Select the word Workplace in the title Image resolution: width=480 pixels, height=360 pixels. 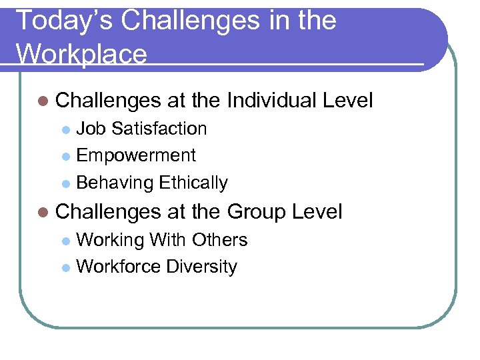click(81, 54)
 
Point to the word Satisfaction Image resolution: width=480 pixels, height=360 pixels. click(159, 128)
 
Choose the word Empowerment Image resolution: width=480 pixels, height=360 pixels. click(136, 155)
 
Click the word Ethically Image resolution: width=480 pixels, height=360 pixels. click(193, 183)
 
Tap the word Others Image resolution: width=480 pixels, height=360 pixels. click(219, 239)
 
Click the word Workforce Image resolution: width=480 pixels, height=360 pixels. click(119, 267)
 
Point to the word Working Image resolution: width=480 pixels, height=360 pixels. click(111, 239)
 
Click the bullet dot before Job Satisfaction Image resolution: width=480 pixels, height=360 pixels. click(65, 129)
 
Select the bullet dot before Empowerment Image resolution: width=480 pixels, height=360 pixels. click(65, 156)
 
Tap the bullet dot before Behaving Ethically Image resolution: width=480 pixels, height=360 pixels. click(65, 183)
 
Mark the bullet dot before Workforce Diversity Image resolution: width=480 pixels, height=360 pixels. click(65, 267)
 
